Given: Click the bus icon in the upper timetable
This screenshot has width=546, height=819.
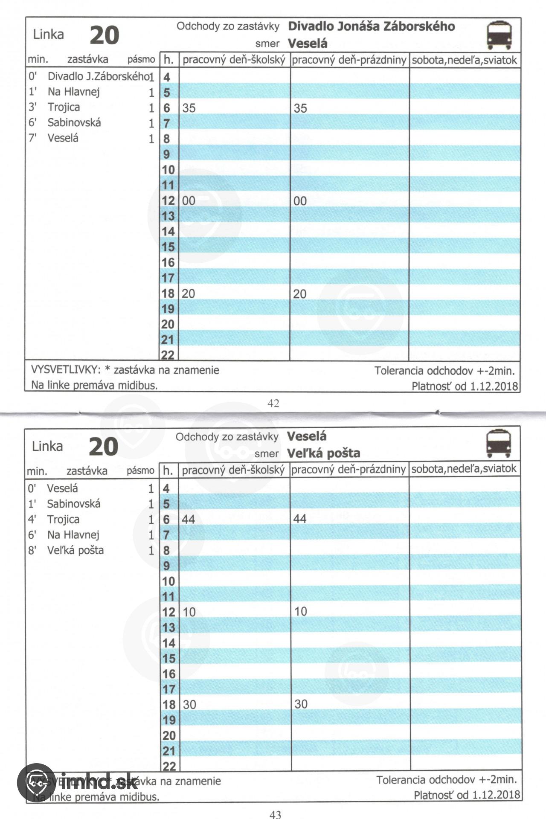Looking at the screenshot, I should point(499,35).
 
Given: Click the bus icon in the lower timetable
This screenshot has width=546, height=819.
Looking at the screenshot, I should point(498,444).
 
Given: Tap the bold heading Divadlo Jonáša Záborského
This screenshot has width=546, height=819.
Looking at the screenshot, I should point(371,26).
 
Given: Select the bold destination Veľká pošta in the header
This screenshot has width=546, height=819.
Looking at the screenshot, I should point(323,453).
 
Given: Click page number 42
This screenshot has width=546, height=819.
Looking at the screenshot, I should point(273,403).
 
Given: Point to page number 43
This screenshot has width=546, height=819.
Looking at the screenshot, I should point(275,814).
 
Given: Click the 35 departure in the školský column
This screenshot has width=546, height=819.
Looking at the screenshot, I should point(189,108).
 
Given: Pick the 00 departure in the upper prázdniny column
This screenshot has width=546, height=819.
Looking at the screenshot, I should point(300,201).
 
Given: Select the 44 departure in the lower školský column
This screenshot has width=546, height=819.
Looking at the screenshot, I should point(188,519).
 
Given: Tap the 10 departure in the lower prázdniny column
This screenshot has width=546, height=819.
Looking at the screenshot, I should point(300,611).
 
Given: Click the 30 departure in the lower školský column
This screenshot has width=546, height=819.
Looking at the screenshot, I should point(189,704).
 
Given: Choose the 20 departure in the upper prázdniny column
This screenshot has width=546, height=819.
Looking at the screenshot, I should point(299,294).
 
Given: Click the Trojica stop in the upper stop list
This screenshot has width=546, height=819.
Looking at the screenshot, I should point(64,107).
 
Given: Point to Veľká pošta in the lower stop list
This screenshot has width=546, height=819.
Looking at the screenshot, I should point(75,550).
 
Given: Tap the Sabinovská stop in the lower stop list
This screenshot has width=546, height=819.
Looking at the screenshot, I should point(73,504).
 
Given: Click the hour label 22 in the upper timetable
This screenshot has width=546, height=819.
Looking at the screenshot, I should point(168,355).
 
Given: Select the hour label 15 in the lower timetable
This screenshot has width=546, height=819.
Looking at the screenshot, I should point(168,658).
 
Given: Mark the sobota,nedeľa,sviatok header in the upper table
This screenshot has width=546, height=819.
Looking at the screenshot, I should point(464,60).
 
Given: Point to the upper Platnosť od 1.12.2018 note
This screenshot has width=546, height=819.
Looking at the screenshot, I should point(465,386).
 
